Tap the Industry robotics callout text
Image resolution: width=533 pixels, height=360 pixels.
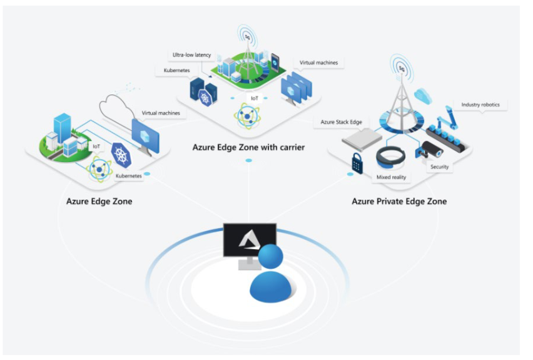click(480, 105)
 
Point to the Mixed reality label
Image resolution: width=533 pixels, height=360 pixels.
click(391, 177)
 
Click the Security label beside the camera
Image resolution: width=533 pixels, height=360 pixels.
click(439, 167)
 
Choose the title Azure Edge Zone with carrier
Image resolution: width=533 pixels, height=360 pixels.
click(248, 147)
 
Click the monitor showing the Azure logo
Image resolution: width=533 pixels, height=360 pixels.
click(249, 241)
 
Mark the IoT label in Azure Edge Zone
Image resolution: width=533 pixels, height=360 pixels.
click(96, 146)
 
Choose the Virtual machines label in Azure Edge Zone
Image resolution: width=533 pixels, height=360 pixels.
click(161, 113)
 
